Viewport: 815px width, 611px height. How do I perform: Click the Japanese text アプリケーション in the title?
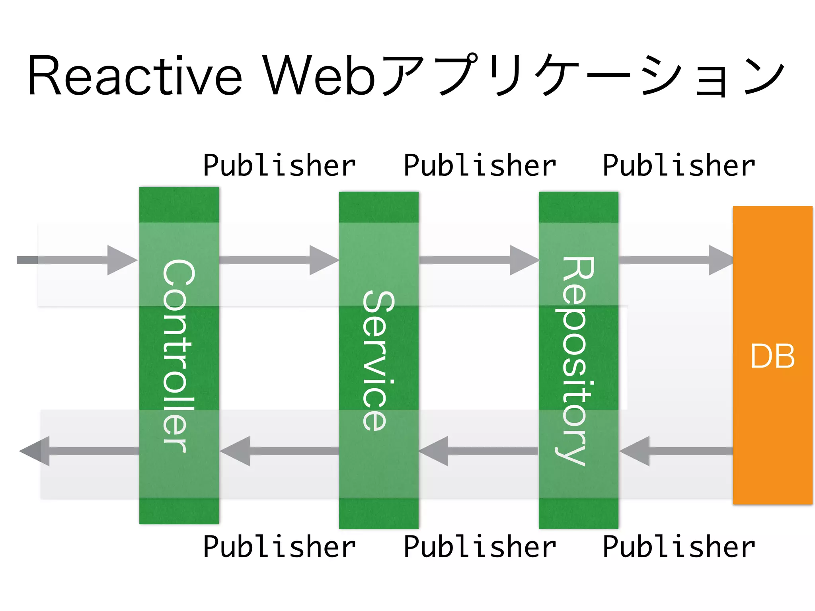click(x=583, y=76)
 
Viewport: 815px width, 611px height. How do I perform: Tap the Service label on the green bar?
click(x=378, y=360)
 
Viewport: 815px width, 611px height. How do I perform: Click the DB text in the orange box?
click(x=772, y=356)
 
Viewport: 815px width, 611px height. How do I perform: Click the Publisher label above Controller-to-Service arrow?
click(x=279, y=166)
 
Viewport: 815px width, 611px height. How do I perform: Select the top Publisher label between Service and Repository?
click(x=480, y=166)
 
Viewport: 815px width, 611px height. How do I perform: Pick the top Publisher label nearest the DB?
click(x=679, y=166)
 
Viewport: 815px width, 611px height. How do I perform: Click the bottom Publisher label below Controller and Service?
click(x=279, y=547)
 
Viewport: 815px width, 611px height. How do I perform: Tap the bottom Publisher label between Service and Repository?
click(x=480, y=547)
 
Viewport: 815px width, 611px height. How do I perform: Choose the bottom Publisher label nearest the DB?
click(x=679, y=547)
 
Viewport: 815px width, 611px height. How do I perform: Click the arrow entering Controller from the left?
click(x=80, y=260)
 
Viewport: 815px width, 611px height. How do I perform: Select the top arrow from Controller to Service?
click(x=279, y=260)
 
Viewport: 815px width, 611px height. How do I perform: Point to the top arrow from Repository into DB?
click(x=677, y=260)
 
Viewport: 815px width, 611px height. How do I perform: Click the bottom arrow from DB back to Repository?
click(x=677, y=451)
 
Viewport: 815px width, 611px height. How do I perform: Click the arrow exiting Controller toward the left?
click(x=80, y=451)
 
